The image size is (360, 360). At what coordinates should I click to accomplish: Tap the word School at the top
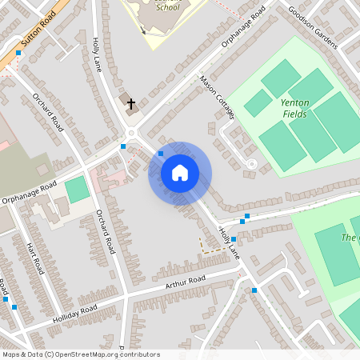click(x=168, y=7)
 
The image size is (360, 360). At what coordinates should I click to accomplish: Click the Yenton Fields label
click(x=295, y=108)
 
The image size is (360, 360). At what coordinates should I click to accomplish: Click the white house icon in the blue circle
click(x=180, y=173)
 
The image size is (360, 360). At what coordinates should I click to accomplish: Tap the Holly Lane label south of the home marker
click(x=230, y=242)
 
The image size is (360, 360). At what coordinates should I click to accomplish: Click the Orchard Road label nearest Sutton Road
click(x=47, y=111)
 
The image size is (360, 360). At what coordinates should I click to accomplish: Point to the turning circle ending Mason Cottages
click(x=251, y=163)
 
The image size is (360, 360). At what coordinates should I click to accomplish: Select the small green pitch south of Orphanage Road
click(x=78, y=190)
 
